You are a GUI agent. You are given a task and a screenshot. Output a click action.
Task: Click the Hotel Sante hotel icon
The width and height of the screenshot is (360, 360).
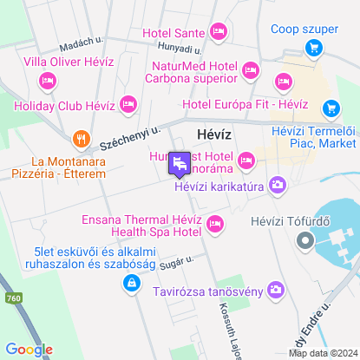[218, 33]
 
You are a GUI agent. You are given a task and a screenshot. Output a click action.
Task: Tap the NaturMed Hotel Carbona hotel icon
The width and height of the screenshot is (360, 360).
[251, 69]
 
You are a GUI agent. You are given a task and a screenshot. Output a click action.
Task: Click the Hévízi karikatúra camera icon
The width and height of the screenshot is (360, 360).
[278, 184]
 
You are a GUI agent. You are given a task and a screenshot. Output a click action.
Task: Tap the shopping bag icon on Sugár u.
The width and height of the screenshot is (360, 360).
[129, 283]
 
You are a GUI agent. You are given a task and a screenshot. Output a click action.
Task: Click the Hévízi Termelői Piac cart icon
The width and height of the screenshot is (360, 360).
[330, 108]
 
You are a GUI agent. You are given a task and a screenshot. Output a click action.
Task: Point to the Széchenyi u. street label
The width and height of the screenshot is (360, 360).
[130, 134]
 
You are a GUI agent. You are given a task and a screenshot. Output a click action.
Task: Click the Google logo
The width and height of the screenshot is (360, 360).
[29, 350]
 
